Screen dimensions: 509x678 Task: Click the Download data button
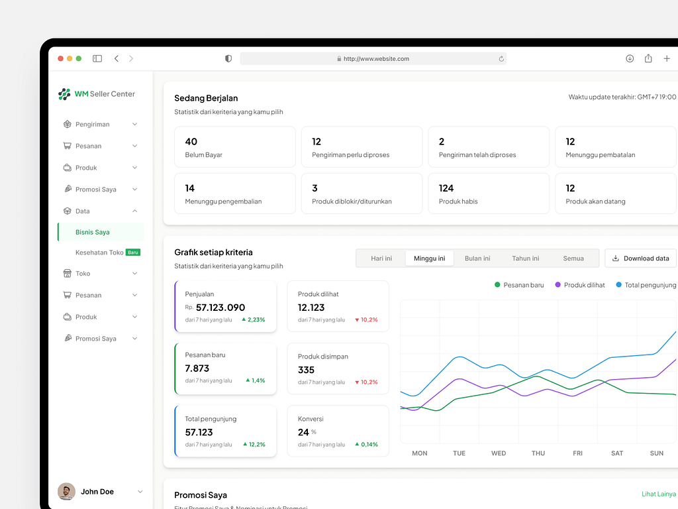pyautogui.click(x=640, y=258)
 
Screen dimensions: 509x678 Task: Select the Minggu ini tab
pyautogui.click(x=429, y=258)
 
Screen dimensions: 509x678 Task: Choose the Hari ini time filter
pyautogui.click(x=381, y=258)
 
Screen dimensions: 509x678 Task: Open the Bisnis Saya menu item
pyautogui.click(x=93, y=232)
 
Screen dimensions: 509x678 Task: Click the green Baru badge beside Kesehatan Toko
pyautogui.click(x=133, y=253)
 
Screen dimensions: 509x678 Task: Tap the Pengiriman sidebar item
pyautogui.click(x=93, y=124)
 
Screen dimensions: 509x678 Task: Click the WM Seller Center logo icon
pyautogui.click(x=64, y=94)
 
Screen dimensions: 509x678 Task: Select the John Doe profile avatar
pyautogui.click(x=66, y=492)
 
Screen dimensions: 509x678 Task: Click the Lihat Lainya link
pyautogui.click(x=658, y=494)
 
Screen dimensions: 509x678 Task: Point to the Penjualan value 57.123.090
pyautogui.click(x=220, y=308)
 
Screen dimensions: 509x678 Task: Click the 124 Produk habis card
pyautogui.click(x=489, y=194)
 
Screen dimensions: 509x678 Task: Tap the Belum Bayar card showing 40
pyautogui.click(x=234, y=147)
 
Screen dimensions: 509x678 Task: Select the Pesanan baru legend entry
pyautogui.click(x=519, y=285)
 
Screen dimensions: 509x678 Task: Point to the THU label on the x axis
pyautogui.click(x=538, y=453)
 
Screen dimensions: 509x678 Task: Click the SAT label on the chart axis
pyautogui.click(x=617, y=453)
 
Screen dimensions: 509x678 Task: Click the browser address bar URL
pyautogui.click(x=376, y=58)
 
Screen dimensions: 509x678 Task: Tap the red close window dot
pyautogui.click(x=61, y=58)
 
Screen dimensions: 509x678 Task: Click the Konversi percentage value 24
pyautogui.click(x=303, y=432)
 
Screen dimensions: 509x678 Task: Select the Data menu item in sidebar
pyautogui.click(x=83, y=211)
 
